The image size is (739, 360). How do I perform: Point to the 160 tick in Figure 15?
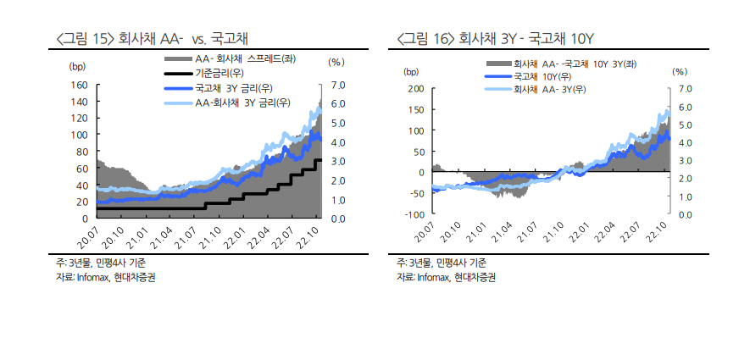pyautogui.click(x=78, y=85)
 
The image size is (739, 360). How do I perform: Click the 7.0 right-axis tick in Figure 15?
pyautogui.click(x=336, y=85)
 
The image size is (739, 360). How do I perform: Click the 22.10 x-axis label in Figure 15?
pyautogui.click(x=307, y=233)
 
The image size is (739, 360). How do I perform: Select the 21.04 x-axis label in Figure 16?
pyautogui.click(x=503, y=230)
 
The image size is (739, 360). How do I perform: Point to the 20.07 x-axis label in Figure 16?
pyautogui.click(x=426, y=230)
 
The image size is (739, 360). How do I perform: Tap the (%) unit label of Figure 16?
pyautogui.click(x=679, y=71)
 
